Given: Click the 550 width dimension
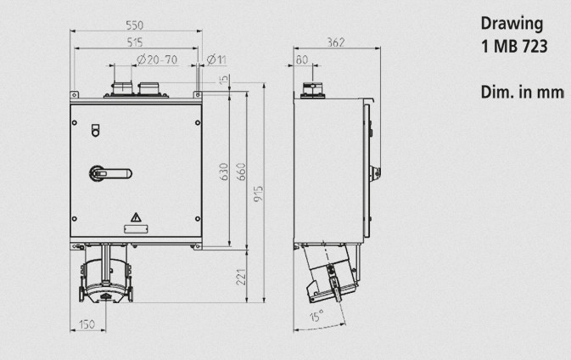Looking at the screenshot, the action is tap(135, 25).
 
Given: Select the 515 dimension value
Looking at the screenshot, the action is tap(135, 42).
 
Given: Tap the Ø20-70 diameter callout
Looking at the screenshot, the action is tap(157, 59).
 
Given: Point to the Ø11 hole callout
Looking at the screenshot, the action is tap(216, 59).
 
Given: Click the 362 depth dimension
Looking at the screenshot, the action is tap(336, 42).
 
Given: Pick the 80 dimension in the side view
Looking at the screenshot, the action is tap(302, 59).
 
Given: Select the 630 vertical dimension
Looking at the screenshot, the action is tap(224, 172).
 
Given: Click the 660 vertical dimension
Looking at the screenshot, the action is tap(242, 172).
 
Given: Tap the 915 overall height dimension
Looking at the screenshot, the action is tap(258, 194).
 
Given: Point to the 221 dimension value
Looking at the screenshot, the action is tap(241, 277).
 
